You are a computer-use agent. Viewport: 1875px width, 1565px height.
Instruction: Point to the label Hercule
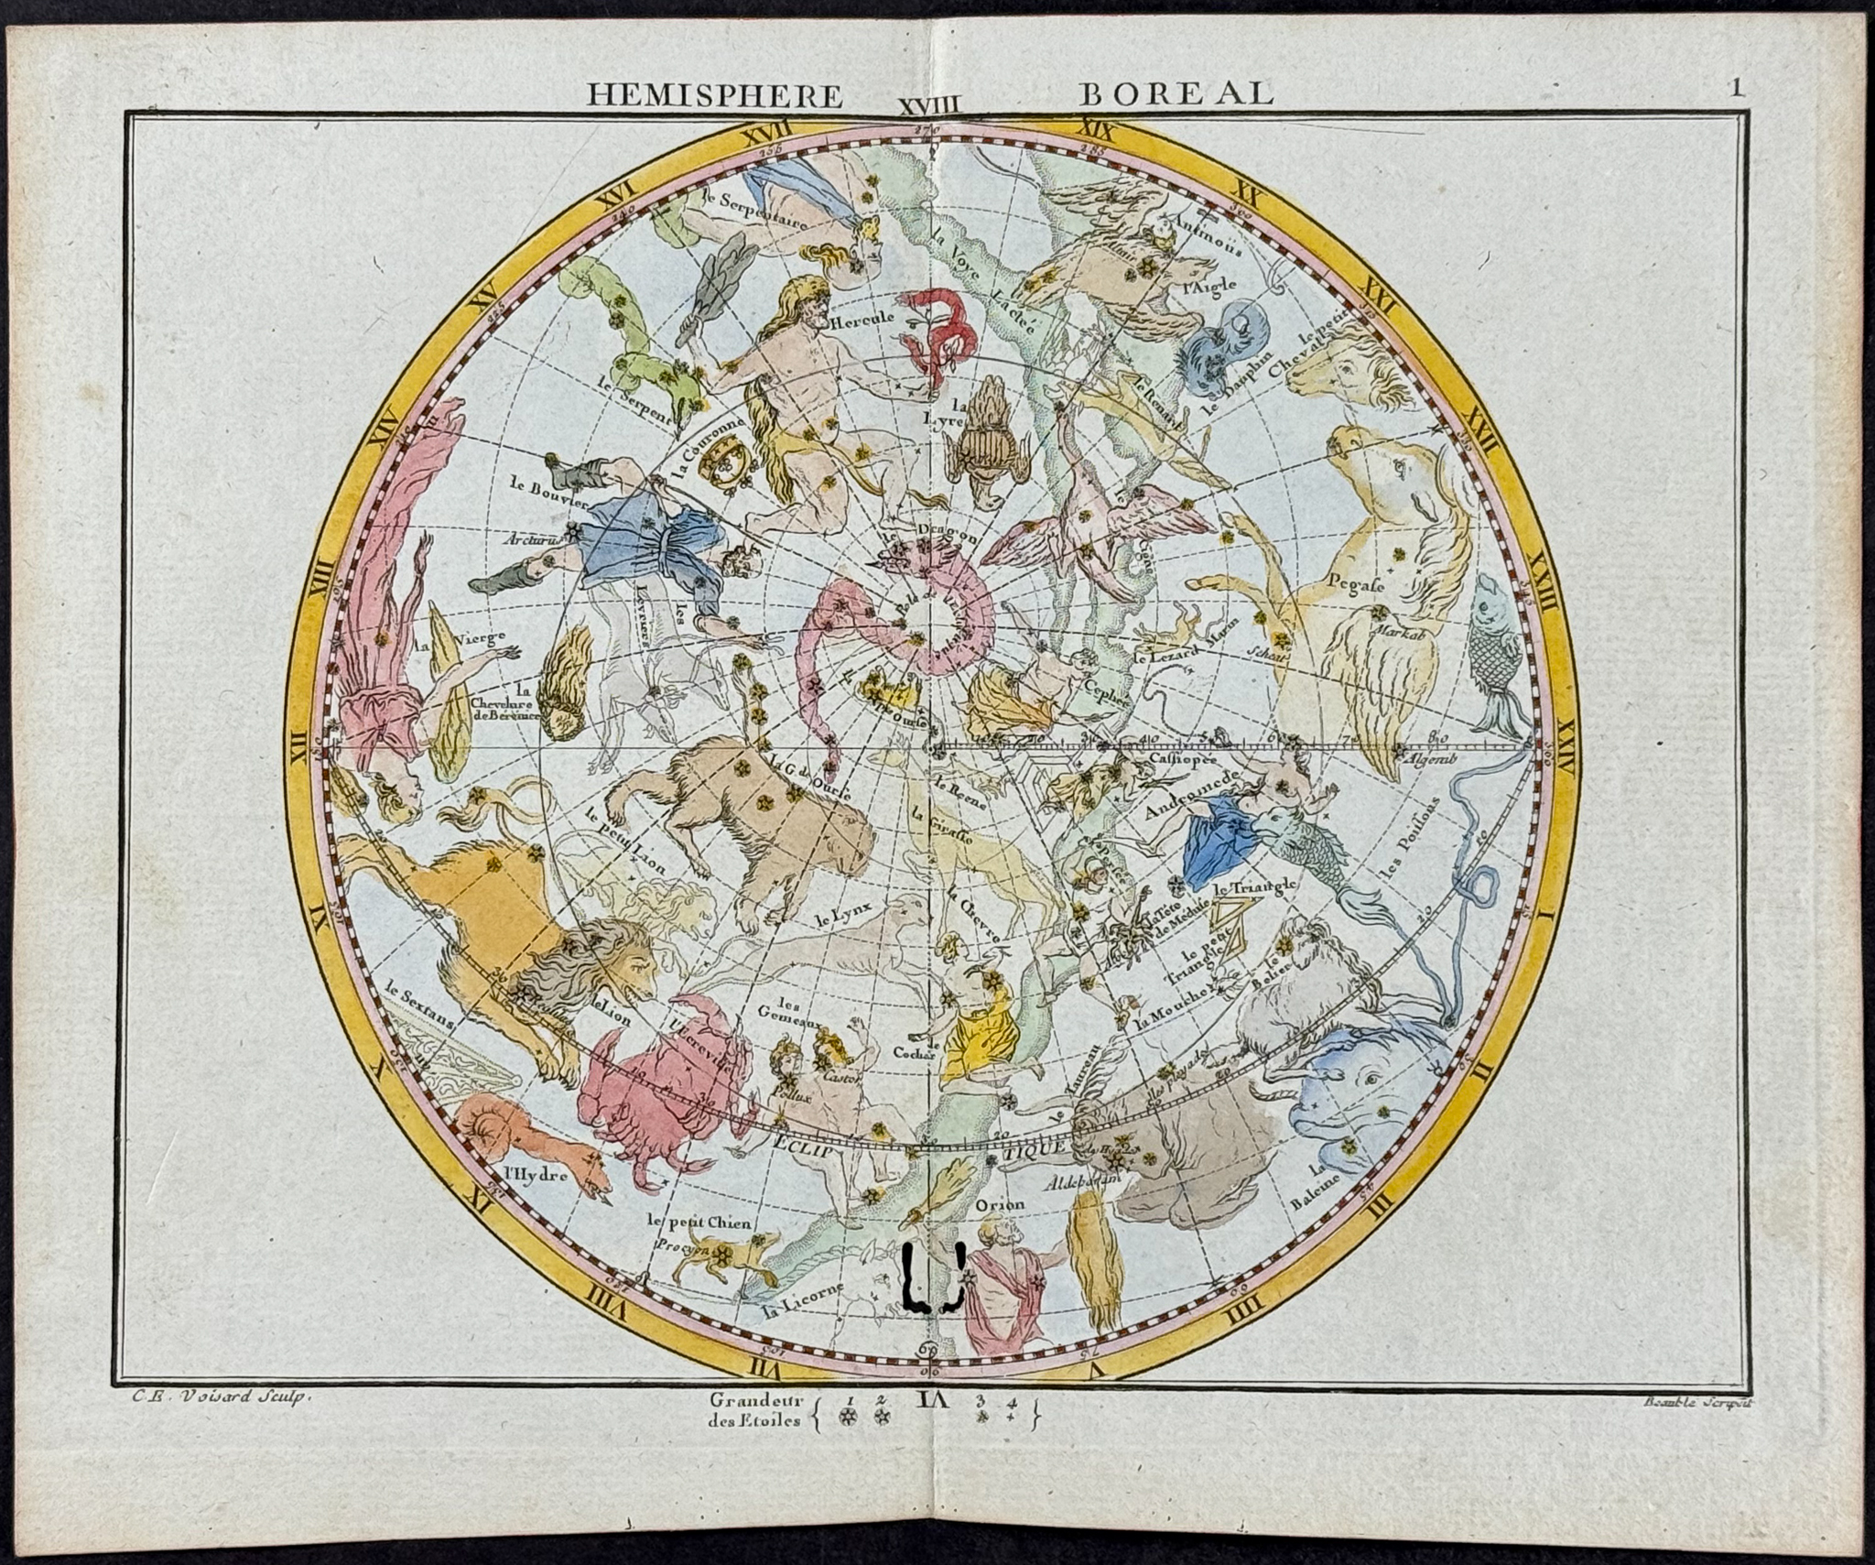[x=856, y=323]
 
